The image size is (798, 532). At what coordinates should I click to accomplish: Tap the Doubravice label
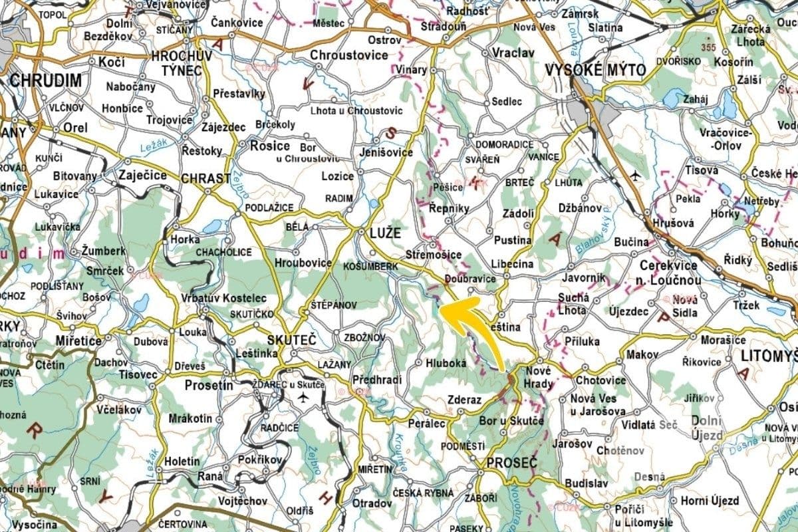click(470, 279)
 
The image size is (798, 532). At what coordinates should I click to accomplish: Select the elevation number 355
click(708, 48)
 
